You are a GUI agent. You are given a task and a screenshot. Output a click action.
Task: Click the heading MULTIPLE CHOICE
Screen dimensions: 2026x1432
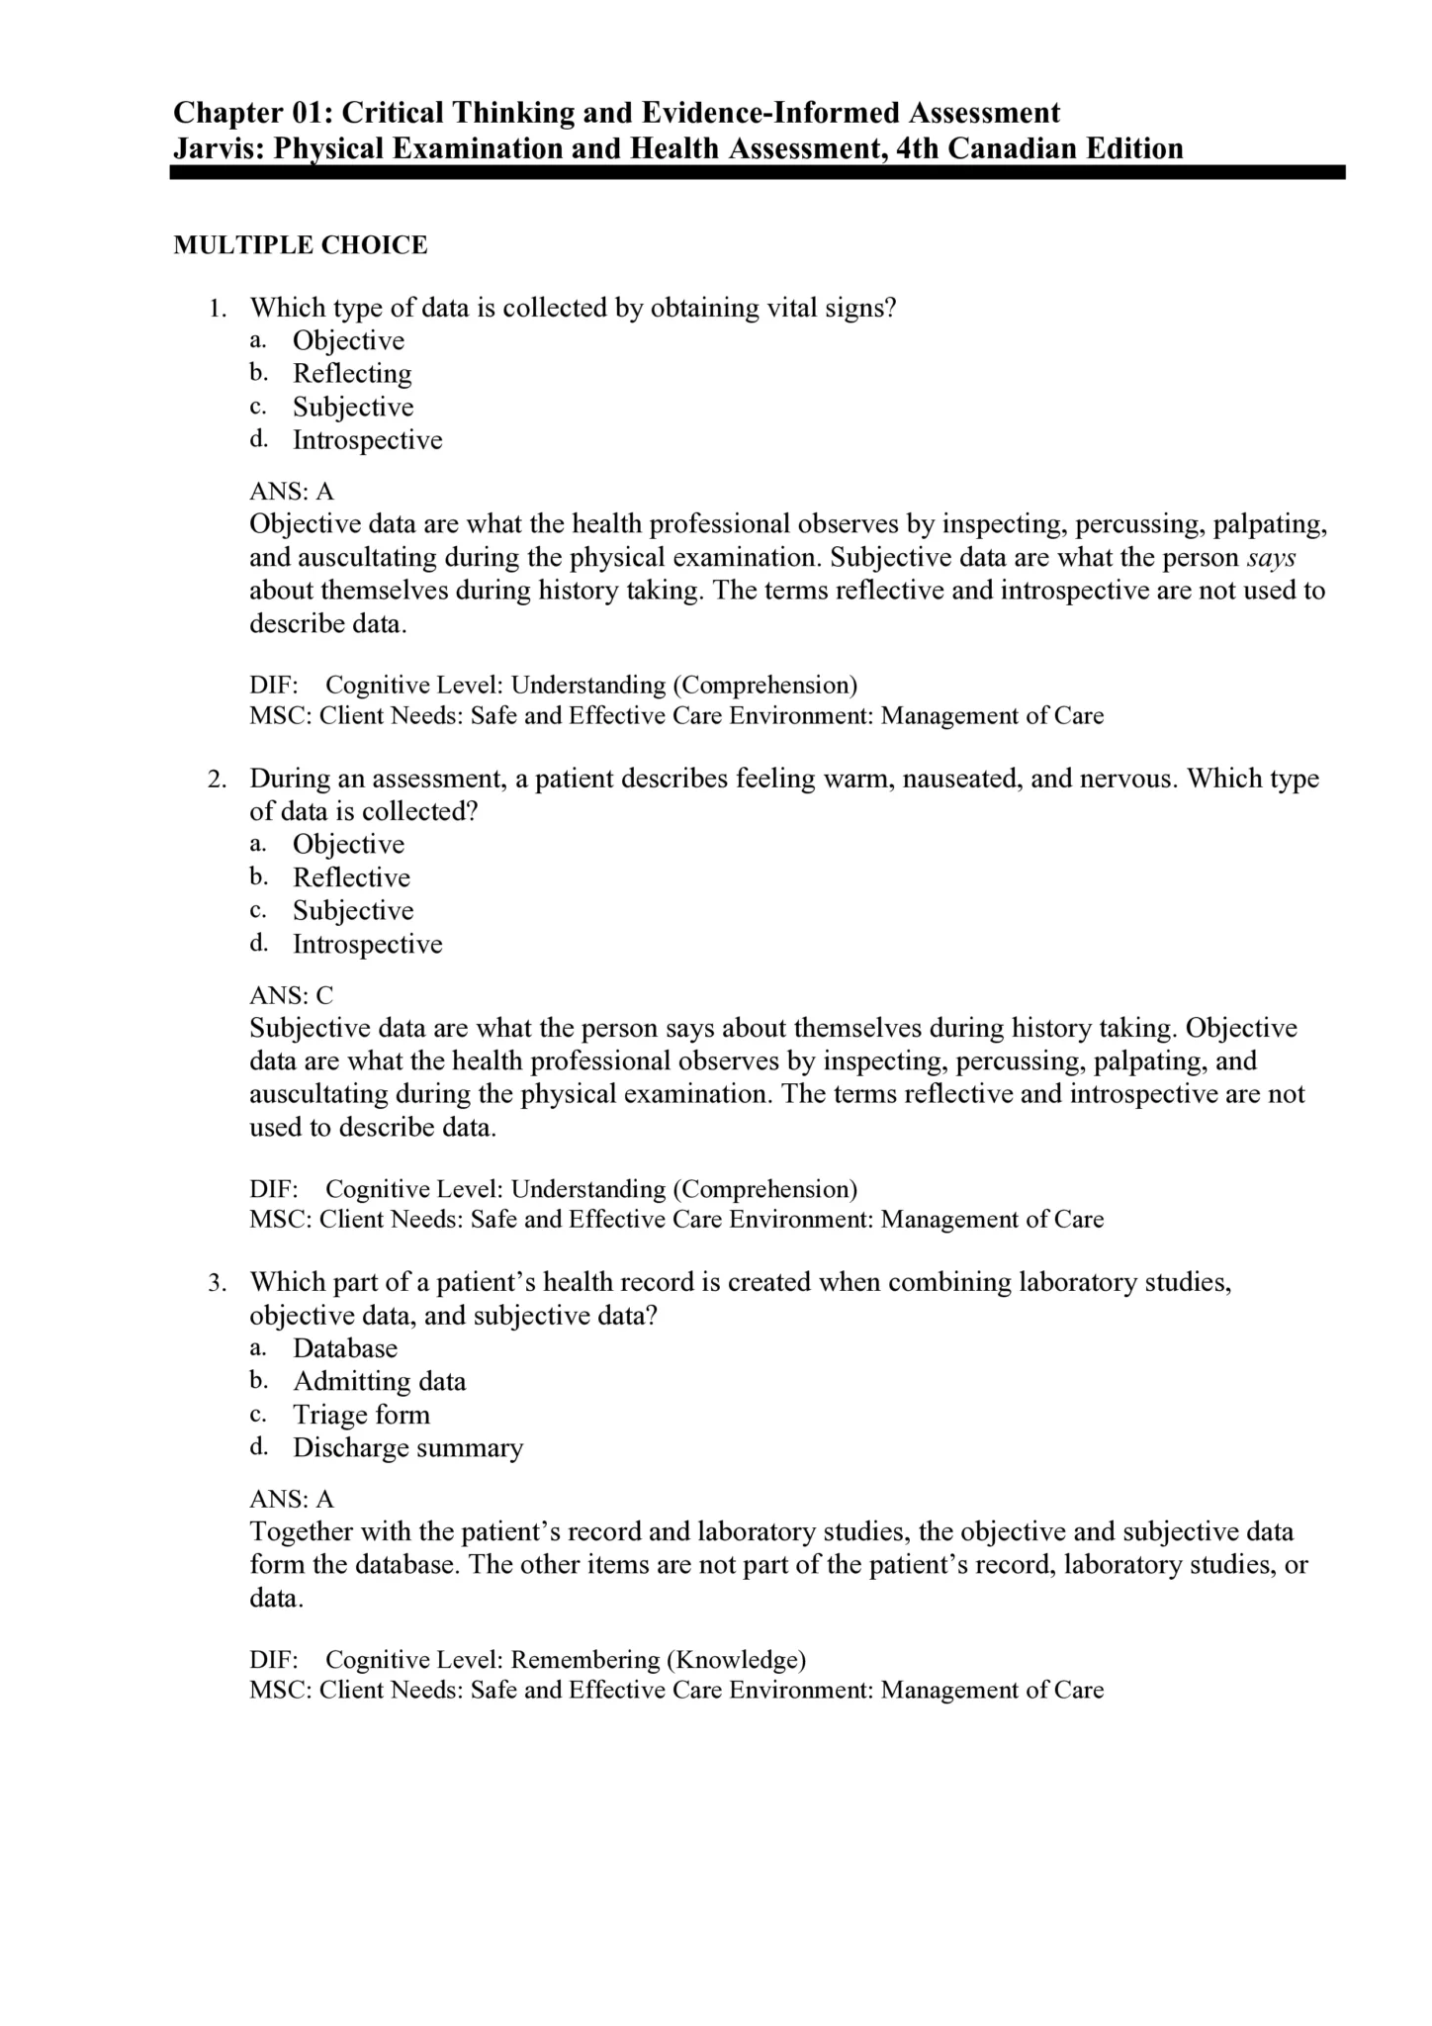[x=301, y=245]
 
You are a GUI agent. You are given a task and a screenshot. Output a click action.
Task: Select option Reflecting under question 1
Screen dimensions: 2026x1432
[x=352, y=374]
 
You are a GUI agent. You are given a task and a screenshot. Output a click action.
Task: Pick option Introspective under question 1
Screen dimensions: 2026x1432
[x=367, y=440]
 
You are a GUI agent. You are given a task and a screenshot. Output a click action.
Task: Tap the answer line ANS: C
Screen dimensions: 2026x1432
[x=292, y=995]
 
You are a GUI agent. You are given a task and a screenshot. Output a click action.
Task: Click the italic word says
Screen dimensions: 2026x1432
[x=1271, y=558]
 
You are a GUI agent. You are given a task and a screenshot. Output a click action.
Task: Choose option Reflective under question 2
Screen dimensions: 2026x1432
[x=351, y=877]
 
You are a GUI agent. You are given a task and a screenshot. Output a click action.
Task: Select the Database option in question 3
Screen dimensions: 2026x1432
[x=345, y=1348]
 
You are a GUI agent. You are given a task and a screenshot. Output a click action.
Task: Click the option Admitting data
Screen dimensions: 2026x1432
[x=379, y=1382]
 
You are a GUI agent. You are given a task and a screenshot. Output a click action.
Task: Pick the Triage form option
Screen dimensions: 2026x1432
[x=361, y=1415]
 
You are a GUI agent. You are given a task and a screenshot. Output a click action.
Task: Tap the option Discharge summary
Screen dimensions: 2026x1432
[x=407, y=1448]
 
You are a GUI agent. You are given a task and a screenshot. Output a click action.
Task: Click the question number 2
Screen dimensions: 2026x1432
[x=217, y=780]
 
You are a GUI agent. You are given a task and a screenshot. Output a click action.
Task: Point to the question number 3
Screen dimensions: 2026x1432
[x=217, y=1283]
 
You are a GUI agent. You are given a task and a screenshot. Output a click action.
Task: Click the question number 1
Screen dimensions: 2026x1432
[x=217, y=309]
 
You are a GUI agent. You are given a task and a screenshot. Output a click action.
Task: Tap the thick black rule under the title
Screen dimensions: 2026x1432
[x=758, y=173]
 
